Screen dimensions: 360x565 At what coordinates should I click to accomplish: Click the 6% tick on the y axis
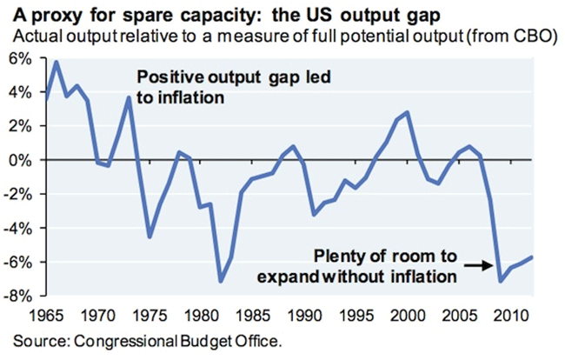point(18,58)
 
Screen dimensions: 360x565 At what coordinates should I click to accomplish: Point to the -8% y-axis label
point(18,296)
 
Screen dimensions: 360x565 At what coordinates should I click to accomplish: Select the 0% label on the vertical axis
point(20,160)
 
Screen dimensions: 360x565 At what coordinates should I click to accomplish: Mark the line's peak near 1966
point(56,62)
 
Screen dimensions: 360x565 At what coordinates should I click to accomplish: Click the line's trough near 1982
point(221,281)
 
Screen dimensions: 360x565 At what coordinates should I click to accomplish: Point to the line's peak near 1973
point(129,97)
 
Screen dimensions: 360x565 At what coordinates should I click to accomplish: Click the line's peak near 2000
point(408,112)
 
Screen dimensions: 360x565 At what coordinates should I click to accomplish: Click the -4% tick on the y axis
point(18,228)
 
